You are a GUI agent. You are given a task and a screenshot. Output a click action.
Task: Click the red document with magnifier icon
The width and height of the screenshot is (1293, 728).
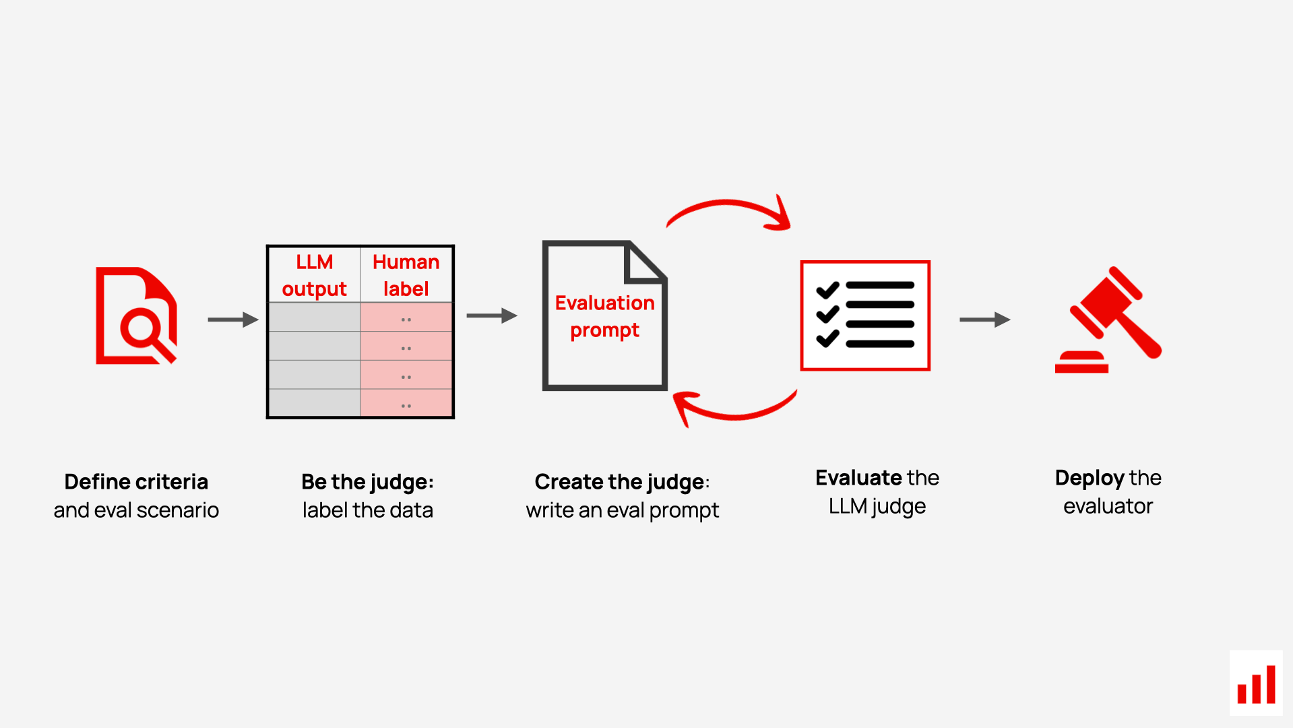point(135,316)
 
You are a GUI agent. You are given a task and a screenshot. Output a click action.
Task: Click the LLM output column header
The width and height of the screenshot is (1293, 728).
point(314,275)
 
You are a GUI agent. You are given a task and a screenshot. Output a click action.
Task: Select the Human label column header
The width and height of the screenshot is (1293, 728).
point(406,275)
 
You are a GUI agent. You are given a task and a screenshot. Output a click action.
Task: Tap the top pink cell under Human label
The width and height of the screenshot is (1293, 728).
point(406,317)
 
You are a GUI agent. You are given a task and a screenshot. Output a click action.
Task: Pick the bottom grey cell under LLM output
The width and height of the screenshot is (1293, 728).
point(314,404)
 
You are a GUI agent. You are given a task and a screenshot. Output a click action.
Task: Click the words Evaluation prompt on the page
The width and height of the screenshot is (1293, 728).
point(604,316)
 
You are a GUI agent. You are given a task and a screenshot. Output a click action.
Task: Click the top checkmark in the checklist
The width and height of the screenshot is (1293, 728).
point(827,290)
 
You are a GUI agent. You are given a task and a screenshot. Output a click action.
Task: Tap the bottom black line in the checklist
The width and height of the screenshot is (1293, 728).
point(879,344)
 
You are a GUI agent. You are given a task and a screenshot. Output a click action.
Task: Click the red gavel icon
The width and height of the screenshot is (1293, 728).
point(1108,320)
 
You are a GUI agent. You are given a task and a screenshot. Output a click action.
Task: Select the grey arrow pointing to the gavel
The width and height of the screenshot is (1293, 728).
point(984,320)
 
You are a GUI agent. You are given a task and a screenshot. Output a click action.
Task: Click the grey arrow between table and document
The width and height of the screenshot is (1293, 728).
point(491,315)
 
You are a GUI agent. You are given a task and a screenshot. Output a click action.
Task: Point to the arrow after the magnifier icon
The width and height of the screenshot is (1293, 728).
point(232,320)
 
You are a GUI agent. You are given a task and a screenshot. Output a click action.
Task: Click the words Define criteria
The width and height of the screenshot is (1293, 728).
point(136,481)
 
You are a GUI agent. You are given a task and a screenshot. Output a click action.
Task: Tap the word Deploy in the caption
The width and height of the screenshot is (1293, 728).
point(1089,478)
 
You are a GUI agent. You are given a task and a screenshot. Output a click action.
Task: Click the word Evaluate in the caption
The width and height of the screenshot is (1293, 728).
point(858,478)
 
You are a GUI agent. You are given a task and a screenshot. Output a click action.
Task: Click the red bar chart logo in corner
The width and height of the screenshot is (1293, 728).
point(1256,684)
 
